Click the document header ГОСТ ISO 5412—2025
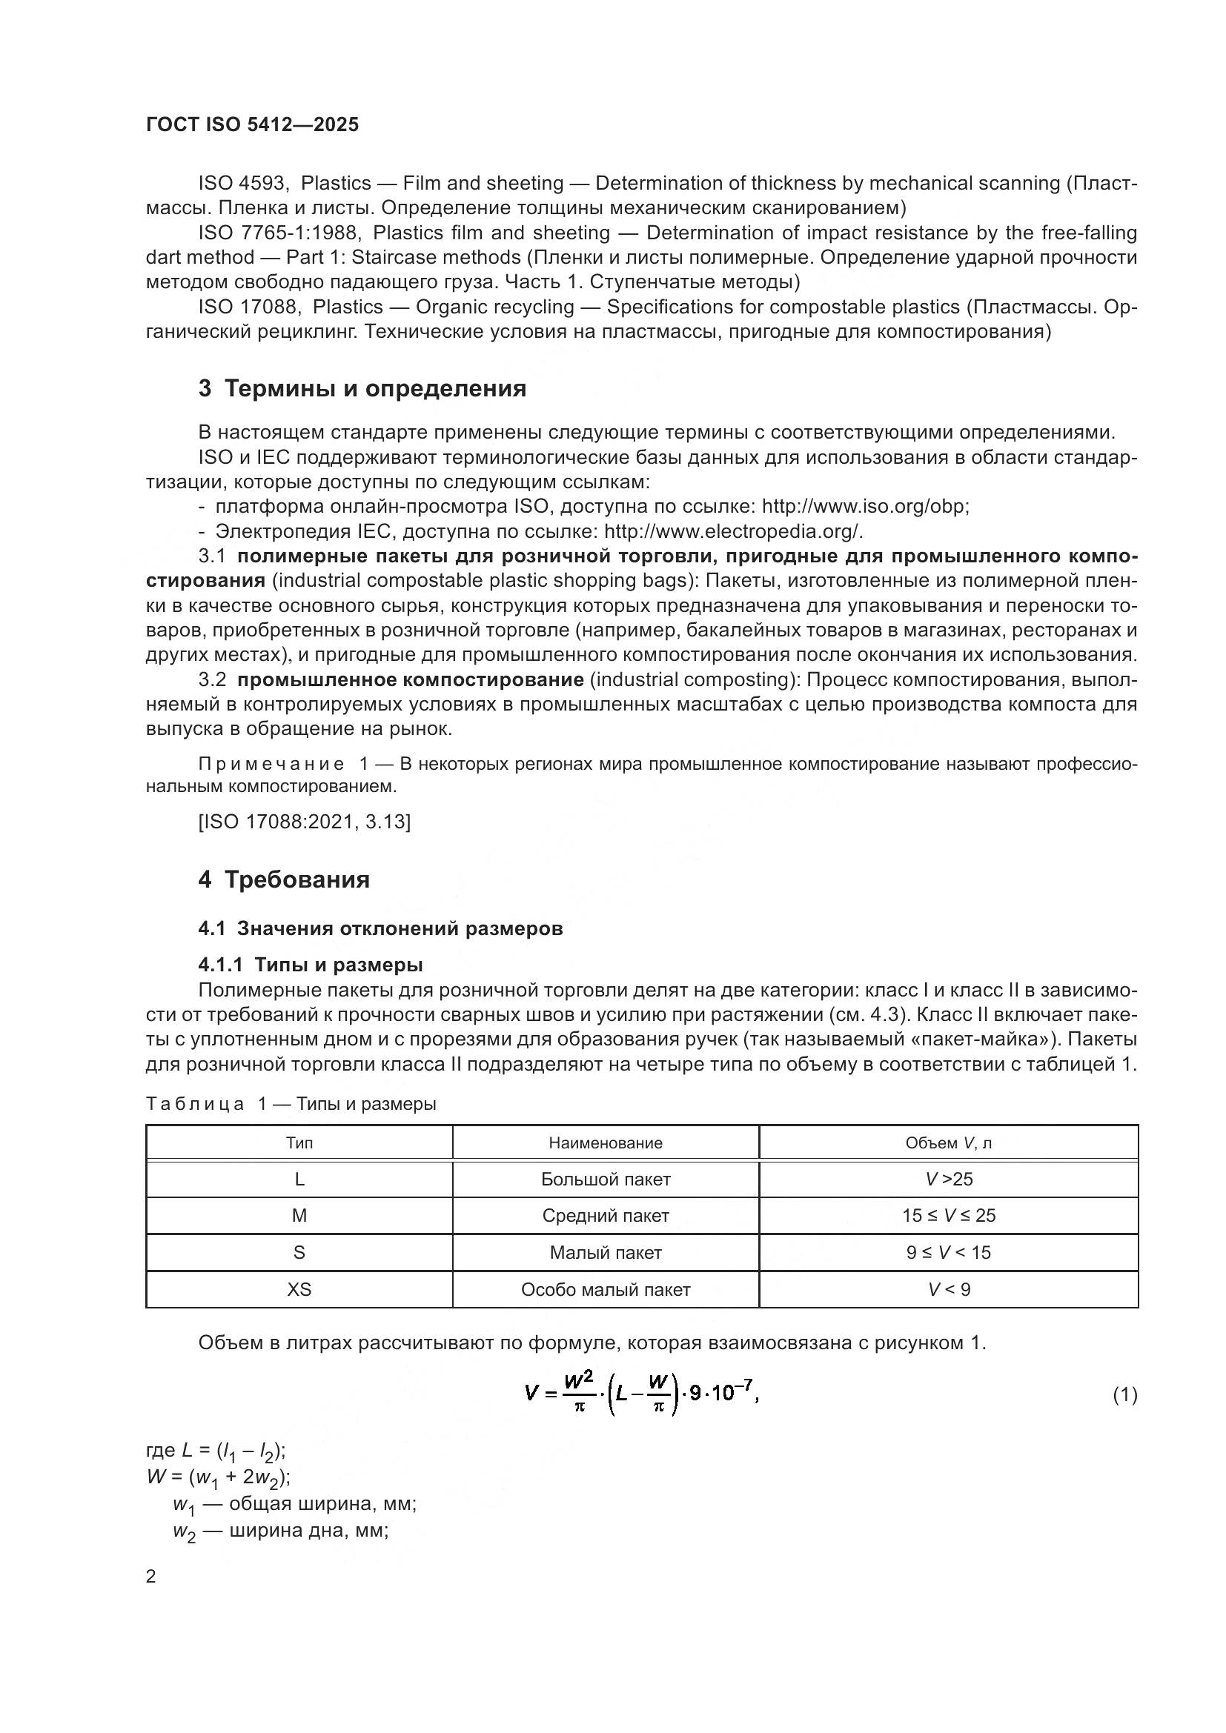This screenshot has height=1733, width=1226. click(252, 125)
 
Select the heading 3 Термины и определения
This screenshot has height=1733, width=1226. click(362, 389)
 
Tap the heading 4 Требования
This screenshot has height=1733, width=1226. click(284, 879)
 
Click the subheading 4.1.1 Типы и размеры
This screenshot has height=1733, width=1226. click(311, 965)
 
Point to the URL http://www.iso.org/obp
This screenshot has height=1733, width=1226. click(864, 507)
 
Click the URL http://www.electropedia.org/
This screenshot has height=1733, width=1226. click(732, 531)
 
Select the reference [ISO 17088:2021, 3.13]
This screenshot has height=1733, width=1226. click(304, 822)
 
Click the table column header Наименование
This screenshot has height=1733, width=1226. click(606, 1142)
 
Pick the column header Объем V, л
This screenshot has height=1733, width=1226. click(948, 1142)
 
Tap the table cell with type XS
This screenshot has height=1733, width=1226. click(299, 1290)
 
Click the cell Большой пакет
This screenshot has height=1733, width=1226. click(606, 1180)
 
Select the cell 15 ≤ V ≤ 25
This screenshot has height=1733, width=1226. click(948, 1216)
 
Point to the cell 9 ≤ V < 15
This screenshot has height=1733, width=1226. click(948, 1253)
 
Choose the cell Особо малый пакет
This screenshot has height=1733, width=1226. click(606, 1290)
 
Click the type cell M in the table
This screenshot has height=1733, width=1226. click(299, 1216)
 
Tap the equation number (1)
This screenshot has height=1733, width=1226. click(1124, 1395)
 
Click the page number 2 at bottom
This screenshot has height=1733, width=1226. click(151, 1577)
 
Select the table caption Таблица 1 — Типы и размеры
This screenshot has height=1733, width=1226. click(291, 1104)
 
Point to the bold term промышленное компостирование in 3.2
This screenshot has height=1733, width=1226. click(410, 680)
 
